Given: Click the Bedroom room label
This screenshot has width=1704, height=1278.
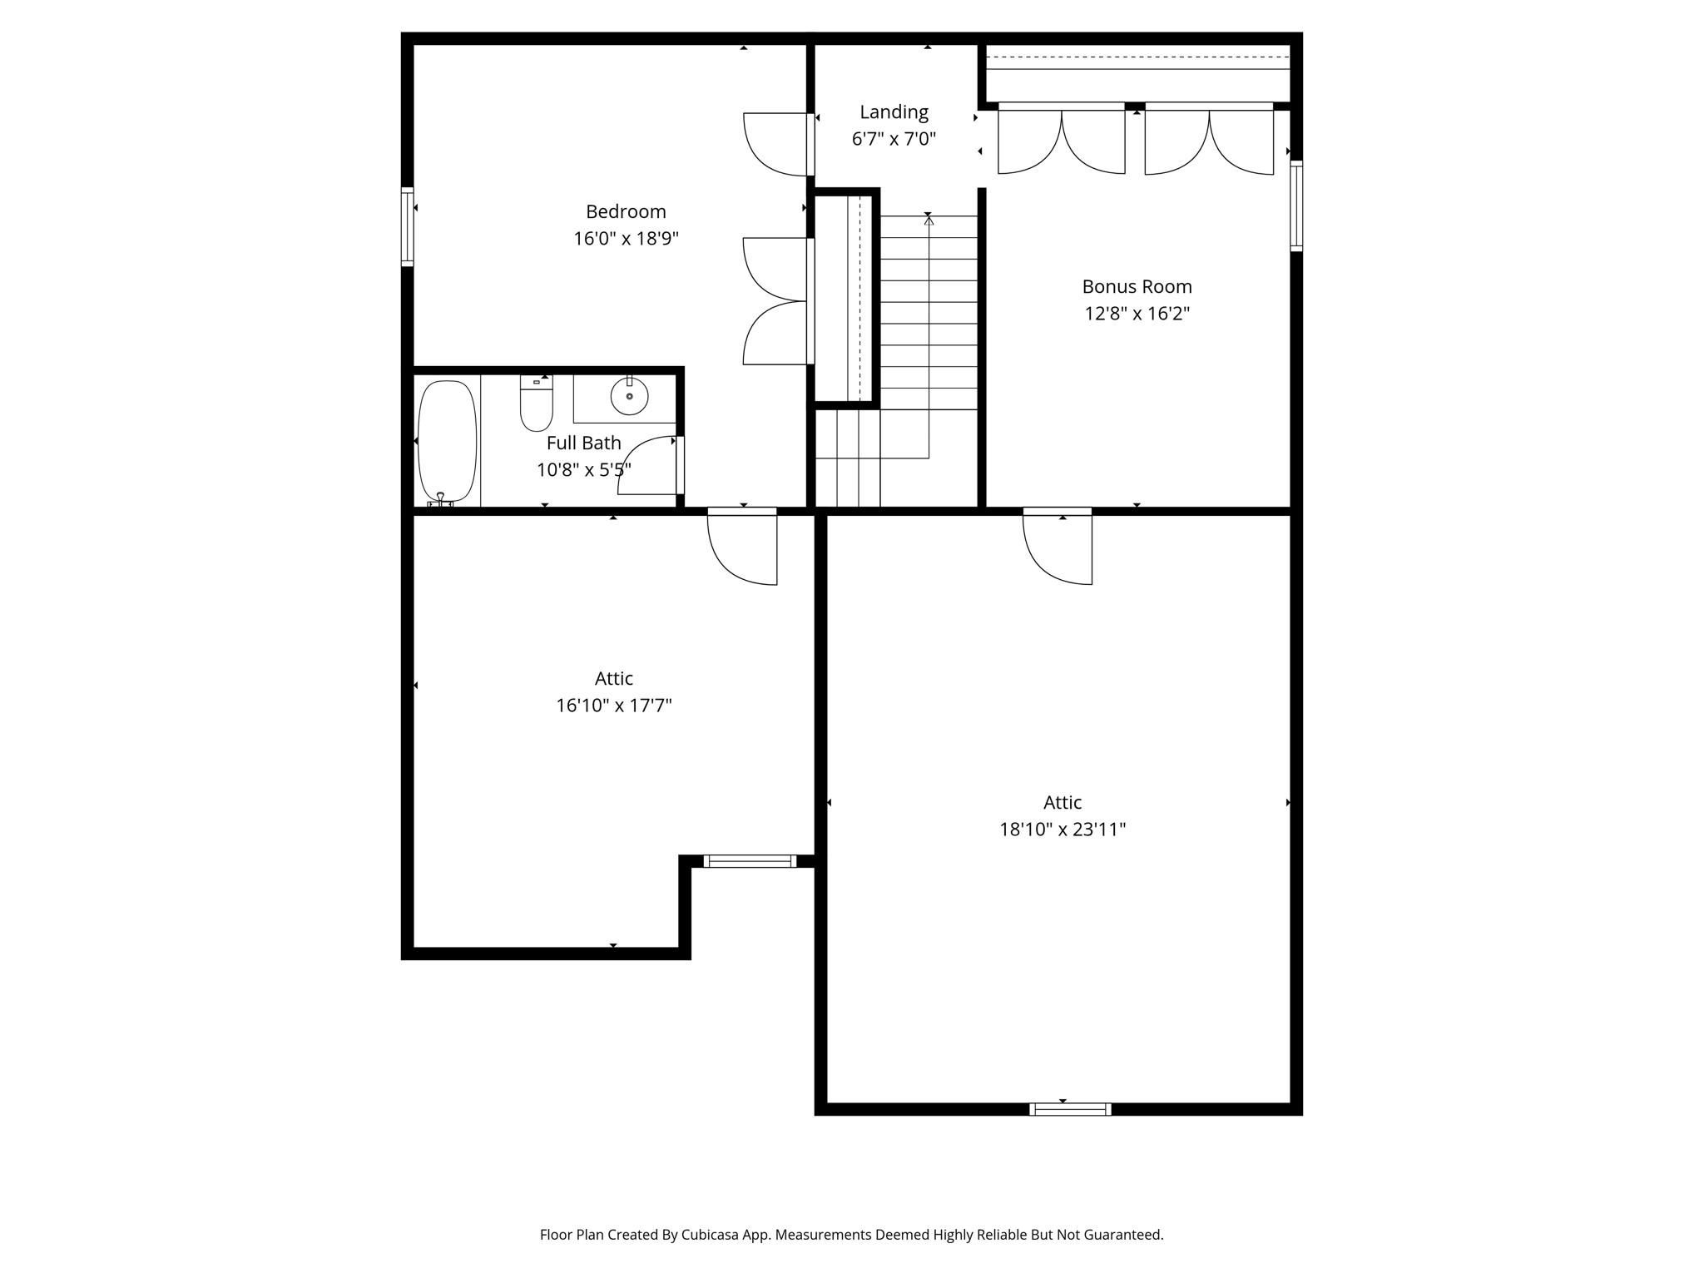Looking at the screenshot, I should tap(626, 211).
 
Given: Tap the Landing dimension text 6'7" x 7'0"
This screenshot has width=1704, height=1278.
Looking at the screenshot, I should tap(894, 139).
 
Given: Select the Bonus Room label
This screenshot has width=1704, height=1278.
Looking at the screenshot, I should tap(1137, 286).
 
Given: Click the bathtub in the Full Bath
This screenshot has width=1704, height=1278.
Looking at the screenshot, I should tap(447, 440).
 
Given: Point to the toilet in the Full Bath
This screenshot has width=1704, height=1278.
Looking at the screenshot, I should tap(537, 404).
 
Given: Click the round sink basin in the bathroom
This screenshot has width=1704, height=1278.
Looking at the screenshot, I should tap(629, 396).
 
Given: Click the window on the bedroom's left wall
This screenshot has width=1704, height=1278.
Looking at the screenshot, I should tap(407, 227).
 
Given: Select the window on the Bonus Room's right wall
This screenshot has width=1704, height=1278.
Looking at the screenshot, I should tap(1296, 206).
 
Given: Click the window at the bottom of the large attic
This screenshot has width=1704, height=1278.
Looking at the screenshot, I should tap(1070, 1109).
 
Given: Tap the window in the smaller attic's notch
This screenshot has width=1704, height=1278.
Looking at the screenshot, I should tap(750, 861).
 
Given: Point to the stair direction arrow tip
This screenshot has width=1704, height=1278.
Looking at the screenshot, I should tap(929, 220).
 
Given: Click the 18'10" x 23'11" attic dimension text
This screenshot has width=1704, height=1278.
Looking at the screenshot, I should tap(1063, 830).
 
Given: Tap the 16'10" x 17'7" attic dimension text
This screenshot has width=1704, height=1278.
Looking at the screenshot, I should tap(614, 706).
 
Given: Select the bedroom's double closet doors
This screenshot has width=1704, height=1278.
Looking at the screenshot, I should tap(775, 301).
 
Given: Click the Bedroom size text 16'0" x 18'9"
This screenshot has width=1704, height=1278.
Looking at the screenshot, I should tap(626, 239).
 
